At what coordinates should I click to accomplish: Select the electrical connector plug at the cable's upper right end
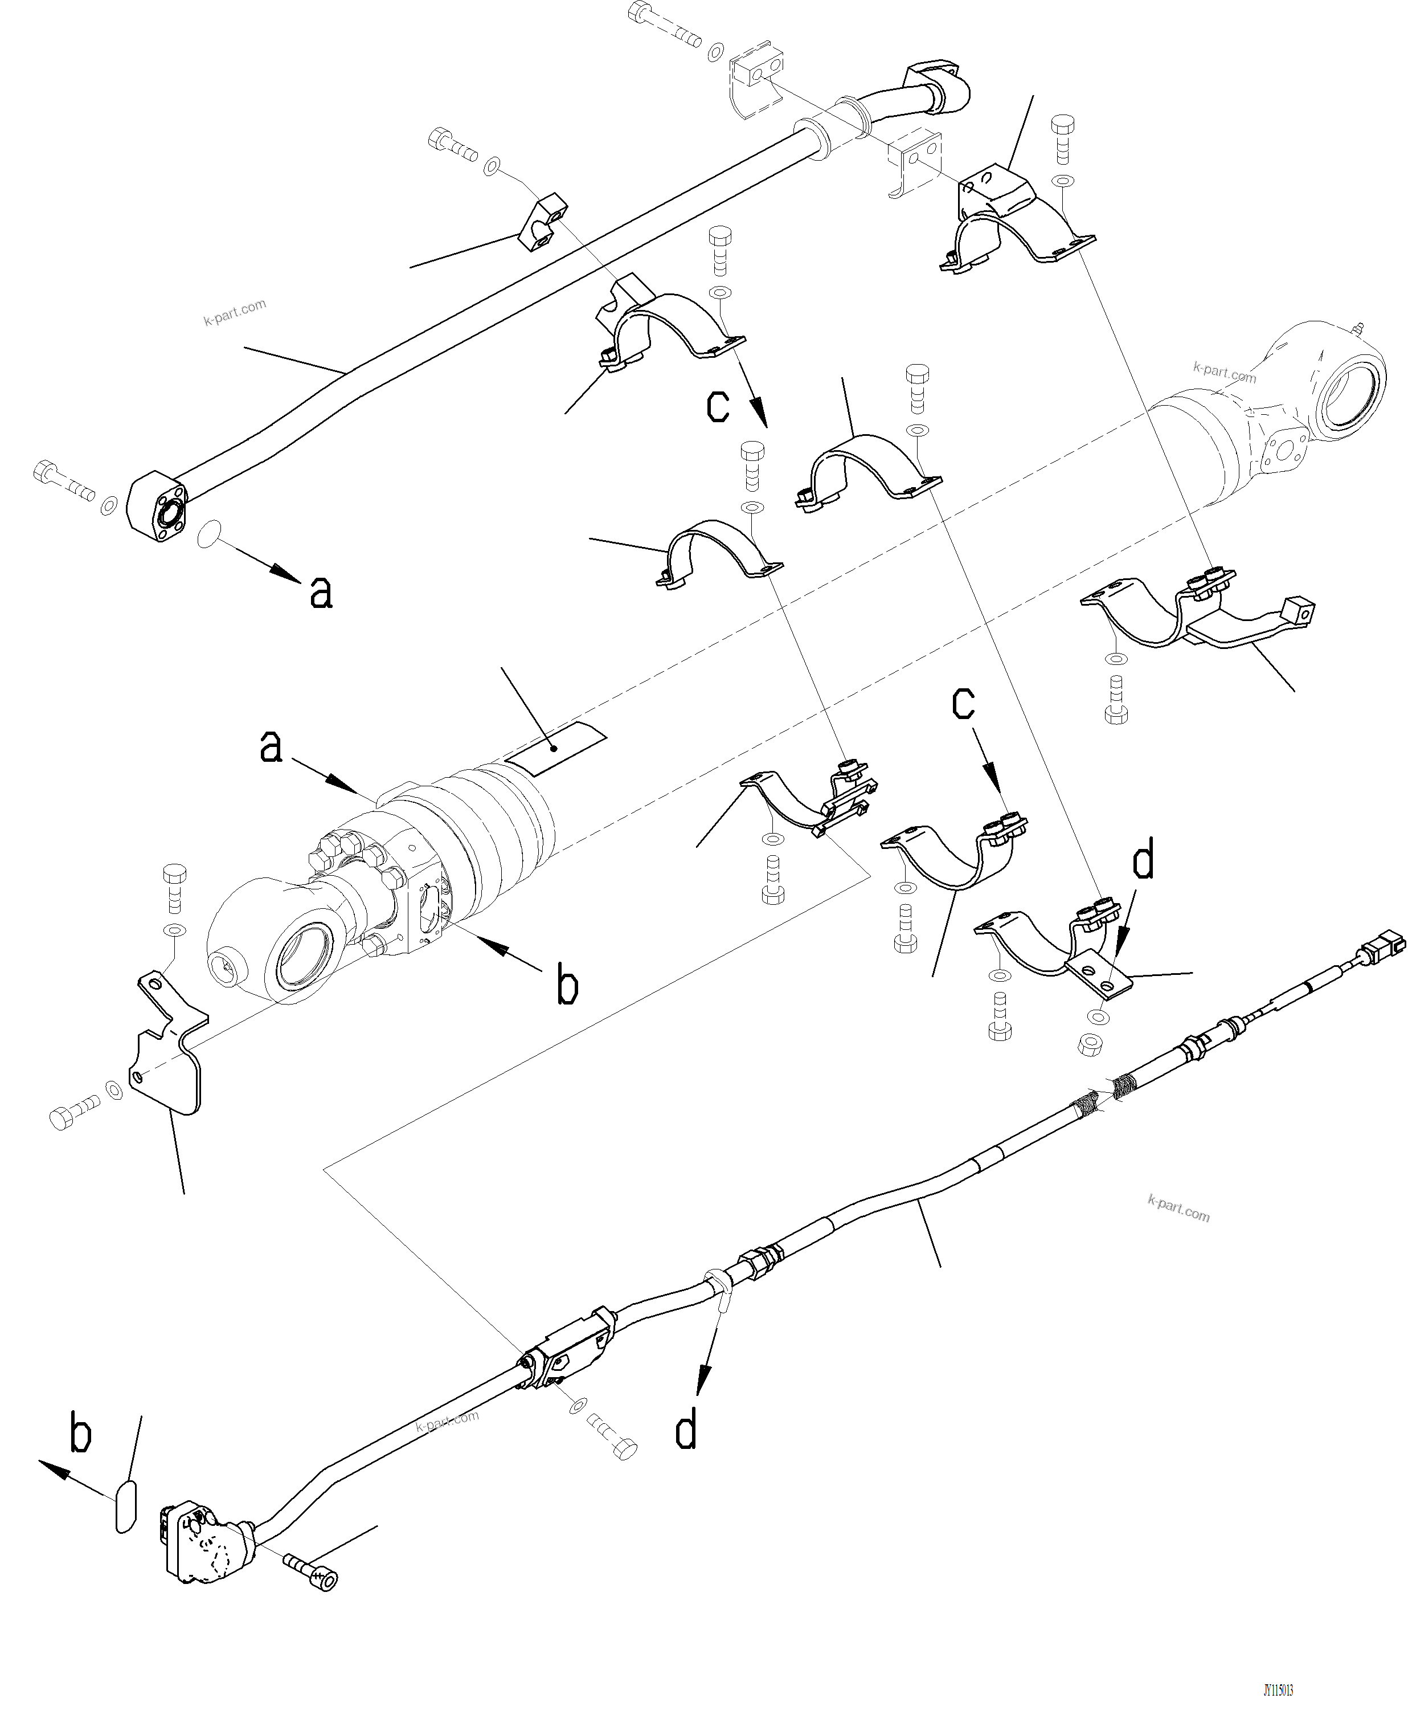click(1386, 944)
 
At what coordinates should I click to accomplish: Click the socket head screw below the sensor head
click(312, 1573)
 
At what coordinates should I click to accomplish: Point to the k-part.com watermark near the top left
click(235, 312)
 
